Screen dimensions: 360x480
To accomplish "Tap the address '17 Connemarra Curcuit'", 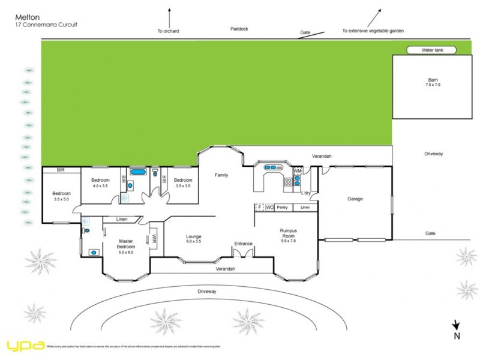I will (x=46, y=25).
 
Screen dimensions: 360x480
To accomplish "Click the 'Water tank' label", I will (x=431, y=50).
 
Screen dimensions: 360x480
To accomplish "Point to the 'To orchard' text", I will (x=168, y=31).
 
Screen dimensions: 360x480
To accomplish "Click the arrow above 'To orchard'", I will (x=170, y=16).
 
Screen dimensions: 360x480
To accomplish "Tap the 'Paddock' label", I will (x=238, y=28).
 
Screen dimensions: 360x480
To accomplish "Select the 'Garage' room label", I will (x=355, y=199).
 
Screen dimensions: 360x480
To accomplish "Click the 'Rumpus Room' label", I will (x=289, y=233).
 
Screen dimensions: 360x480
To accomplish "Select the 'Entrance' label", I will (x=244, y=244).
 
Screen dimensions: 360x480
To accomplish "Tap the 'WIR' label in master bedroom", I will (x=154, y=238).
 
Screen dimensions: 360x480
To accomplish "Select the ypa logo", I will (x=25, y=346).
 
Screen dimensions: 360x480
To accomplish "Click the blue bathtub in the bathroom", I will (x=137, y=173).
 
